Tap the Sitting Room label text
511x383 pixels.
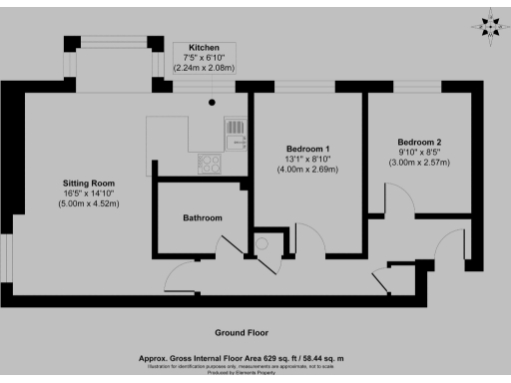(x=88, y=185)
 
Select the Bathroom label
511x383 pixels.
(x=202, y=217)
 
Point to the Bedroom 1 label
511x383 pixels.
(x=306, y=148)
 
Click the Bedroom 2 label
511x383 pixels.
(x=419, y=141)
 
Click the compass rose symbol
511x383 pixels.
(x=489, y=24)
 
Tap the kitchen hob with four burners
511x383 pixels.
(x=211, y=162)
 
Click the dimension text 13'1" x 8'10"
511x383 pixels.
(x=306, y=159)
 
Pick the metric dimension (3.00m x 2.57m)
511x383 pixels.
(x=419, y=162)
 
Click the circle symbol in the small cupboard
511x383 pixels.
(x=261, y=243)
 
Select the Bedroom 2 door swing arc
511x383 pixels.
(x=395, y=200)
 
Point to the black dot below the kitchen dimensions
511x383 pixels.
(x=212, y=101)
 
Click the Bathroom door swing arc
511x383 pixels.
(x=222, y=246)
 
